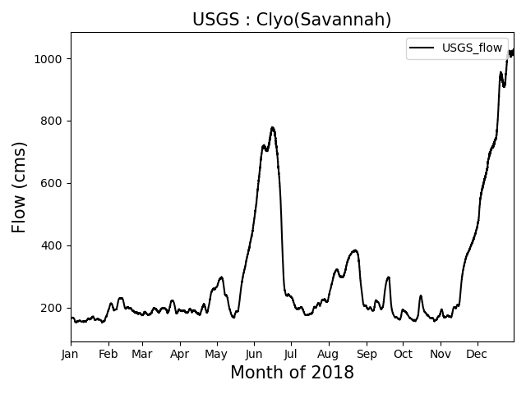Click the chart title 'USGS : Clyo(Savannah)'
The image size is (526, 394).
(292, 20)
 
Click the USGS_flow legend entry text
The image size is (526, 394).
(472, 48)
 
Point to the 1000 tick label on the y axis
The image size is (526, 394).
(49, 59)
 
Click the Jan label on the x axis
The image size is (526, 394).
(71, 354)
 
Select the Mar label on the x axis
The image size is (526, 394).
(142, 354)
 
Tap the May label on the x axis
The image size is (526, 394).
(217, 354)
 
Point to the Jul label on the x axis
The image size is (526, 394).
(291, 354)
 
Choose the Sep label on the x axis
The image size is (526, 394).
(367, 354)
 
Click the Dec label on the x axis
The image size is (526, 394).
(477, 354)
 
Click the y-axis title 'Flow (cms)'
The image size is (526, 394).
(20, 187)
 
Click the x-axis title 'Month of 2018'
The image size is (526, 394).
(292, 373)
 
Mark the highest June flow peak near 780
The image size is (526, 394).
(272, 128)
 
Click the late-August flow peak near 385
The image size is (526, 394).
(354, 250)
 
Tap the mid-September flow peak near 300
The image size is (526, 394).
(388, 277)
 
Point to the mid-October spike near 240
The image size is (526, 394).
(421, 296)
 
